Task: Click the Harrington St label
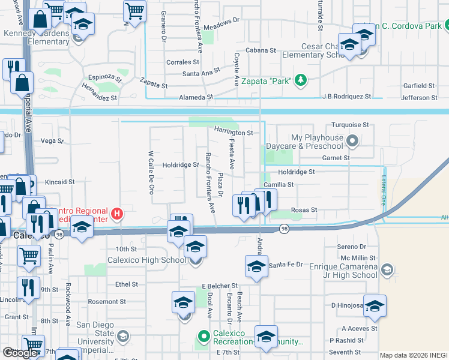[x=233, y=132]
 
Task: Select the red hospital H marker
[x=118, y=213]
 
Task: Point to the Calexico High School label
[x=146, y=260]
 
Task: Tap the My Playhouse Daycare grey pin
[x=352, y=142]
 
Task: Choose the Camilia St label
[x=278, y=185]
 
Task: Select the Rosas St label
[x=303, y=210]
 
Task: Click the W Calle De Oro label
[x=151, y=172]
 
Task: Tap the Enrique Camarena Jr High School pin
[x=388, y=270]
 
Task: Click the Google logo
[x=20, y=352]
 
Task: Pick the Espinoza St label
[x=105, y=78]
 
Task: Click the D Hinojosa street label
[x=348, y=305]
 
